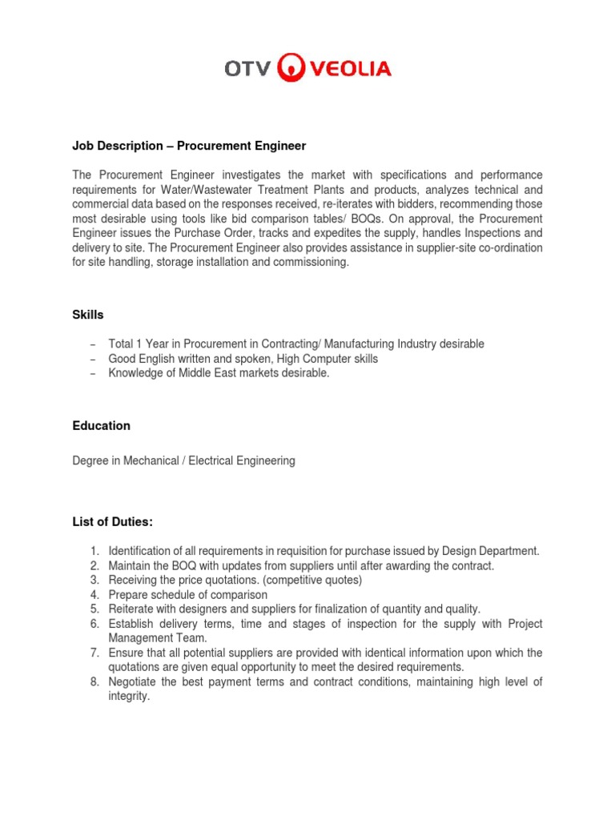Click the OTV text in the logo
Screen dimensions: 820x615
point(248,69)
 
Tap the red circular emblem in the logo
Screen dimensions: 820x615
point(291,69)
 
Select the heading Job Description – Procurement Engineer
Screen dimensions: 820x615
point(189,147)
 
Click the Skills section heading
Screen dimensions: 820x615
point(88,316)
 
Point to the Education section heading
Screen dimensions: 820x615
point(101,426)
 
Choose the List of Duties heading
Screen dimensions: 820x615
point(112,522)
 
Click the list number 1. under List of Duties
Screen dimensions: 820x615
point(94,551)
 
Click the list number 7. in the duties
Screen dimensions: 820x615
point(94,653)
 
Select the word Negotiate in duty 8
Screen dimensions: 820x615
point(135,682)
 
